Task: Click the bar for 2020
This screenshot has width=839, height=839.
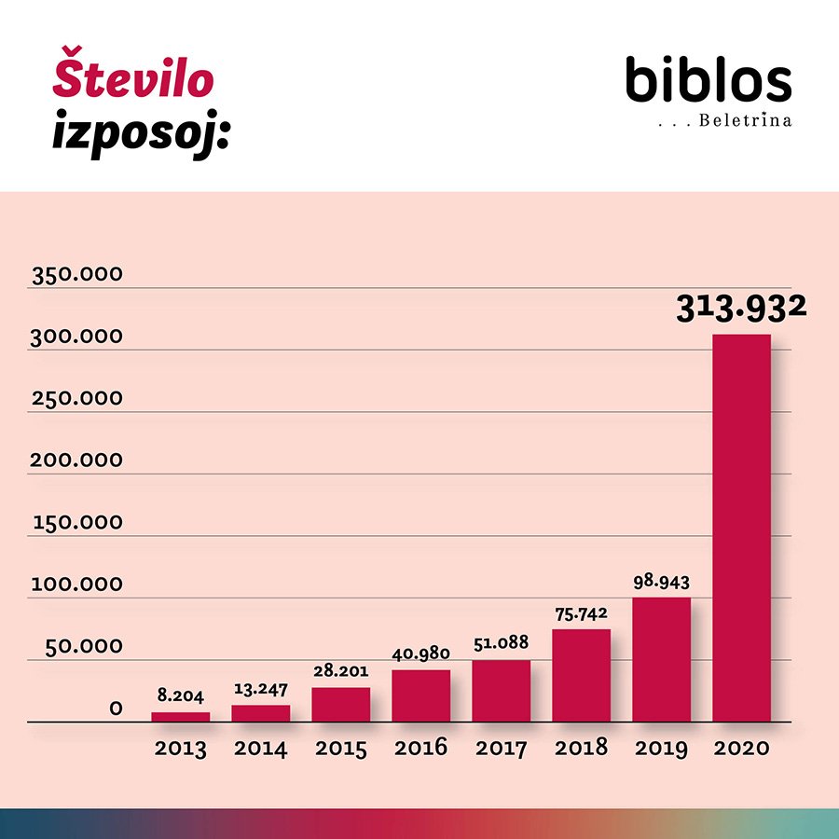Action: coord(741,529)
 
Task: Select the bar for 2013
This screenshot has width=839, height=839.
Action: coord(180,717)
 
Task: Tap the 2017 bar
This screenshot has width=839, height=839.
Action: coord(501,691)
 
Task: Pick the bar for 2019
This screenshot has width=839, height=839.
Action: coord(661,660)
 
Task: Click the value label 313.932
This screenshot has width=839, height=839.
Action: coord(741,309)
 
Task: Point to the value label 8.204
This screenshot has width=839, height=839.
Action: coord(180,695)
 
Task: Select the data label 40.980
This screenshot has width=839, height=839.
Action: coord(420,653)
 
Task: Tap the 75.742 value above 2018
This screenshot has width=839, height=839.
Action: coord(581,614)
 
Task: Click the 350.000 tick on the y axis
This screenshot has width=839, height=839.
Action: coord(77,274)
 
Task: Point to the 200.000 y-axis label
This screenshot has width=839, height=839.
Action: coord(76,461)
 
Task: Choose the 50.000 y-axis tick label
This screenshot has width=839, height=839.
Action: coord(84,646)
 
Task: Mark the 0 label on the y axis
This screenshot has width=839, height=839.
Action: coord(117,708)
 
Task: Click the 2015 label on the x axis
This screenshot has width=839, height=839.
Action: coord(341,749)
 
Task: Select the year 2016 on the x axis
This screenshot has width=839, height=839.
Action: coord(420,748)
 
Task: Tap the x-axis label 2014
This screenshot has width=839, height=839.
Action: coord(261,749)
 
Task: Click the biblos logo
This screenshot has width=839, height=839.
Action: coord(708,79)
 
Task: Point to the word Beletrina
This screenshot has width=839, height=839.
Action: coord(745,120)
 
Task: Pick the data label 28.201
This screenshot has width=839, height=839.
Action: coord(341,670)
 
